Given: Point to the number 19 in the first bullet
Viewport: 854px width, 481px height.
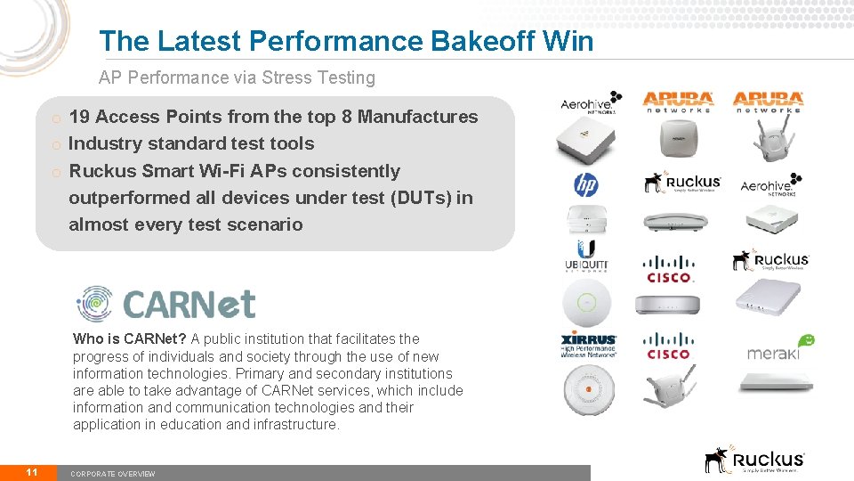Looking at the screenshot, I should pyautogui.click(x=78, y=117).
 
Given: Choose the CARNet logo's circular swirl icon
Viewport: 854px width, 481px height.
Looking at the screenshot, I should pyautogui.click(x=95, y=303).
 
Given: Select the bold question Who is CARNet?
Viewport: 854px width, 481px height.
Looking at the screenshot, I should pyautogui.click(x=130, y=338).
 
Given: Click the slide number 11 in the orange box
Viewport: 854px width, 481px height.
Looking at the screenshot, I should pyautogui.click(x=31, y=472).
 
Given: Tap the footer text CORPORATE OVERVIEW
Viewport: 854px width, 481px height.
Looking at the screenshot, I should pyautogui.click(x=113, y=474).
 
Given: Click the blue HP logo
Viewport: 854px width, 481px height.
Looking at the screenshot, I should pyautogui.click(x=585, y=185).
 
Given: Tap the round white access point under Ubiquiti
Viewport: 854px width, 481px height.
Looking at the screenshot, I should pyautogui.click(x=586, y=303).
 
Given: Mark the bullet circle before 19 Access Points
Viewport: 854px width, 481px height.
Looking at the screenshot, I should pyautogui.click(x=55, y=118).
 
